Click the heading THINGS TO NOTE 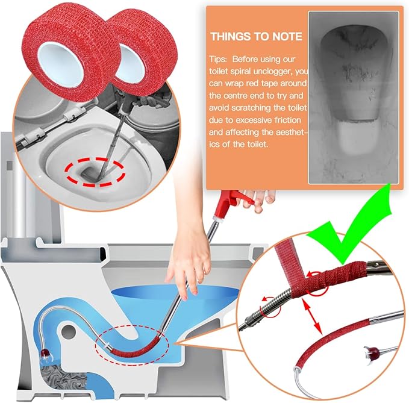(257, 37)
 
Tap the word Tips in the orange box (217, 60)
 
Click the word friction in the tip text (288, 120)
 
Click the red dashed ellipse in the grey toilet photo (95, 172)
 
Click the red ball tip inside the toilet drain (45, 354)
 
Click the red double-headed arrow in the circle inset (311, 316)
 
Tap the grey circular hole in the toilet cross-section (69, 332)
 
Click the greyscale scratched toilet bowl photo (354, 98)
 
